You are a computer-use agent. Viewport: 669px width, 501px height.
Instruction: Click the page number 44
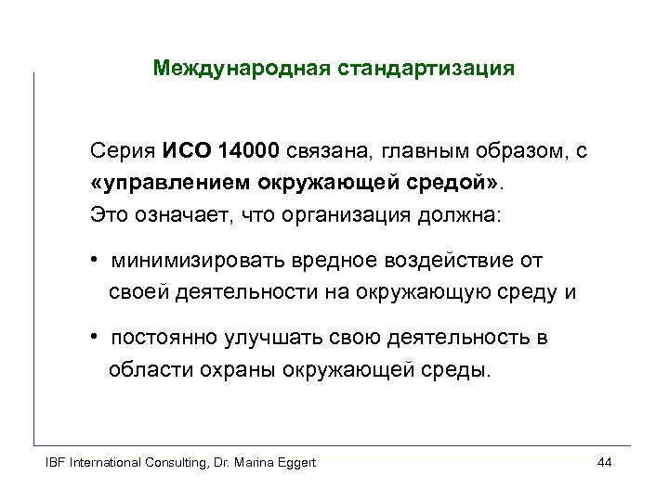click(605, 463)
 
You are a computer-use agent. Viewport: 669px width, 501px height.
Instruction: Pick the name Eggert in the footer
click(295, 463)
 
